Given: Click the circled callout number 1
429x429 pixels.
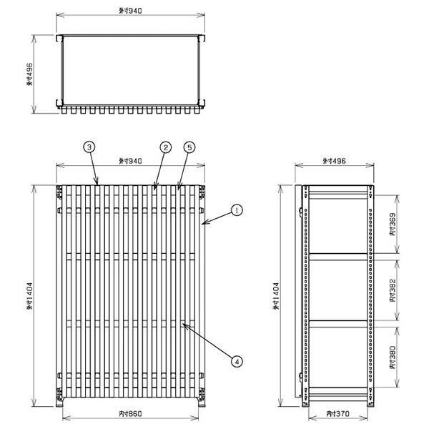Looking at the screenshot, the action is coord(237,210).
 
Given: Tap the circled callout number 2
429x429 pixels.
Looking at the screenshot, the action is coord(166,147).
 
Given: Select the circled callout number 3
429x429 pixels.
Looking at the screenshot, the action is coord(89,147).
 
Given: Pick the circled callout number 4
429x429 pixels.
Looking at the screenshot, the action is coord(237,361).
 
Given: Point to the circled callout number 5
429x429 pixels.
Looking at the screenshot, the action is coord(189,147).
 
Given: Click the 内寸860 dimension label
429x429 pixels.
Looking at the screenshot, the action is coord(131,413).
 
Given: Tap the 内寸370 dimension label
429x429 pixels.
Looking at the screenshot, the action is coord(338,413).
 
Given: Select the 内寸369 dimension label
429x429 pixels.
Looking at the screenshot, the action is coord(393,224).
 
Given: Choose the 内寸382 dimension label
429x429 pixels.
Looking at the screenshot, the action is coord(393,290).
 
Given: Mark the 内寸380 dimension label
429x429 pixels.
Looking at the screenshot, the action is coord(393,357).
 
